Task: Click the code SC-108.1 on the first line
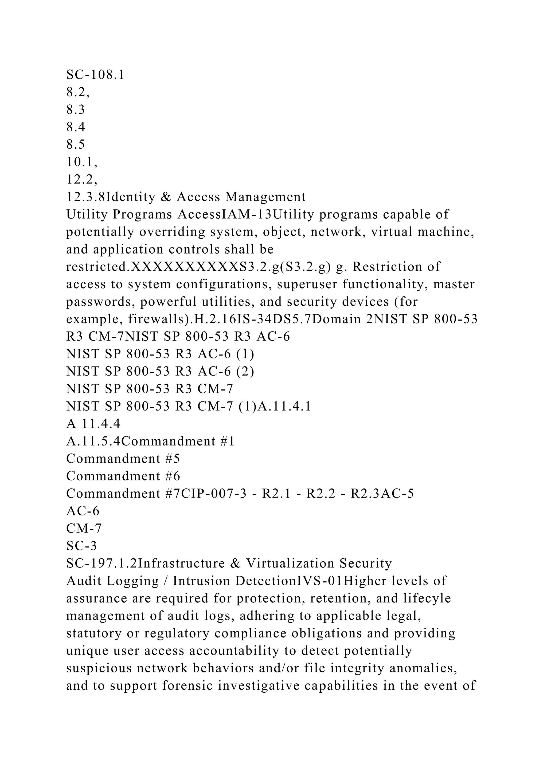click(x=95, y=75)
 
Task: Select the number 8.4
click(x=76, y=127)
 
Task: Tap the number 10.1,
click(x=82, y=162)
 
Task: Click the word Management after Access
click(x=265, y=197)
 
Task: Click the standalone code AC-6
click(x=83, y=511)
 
